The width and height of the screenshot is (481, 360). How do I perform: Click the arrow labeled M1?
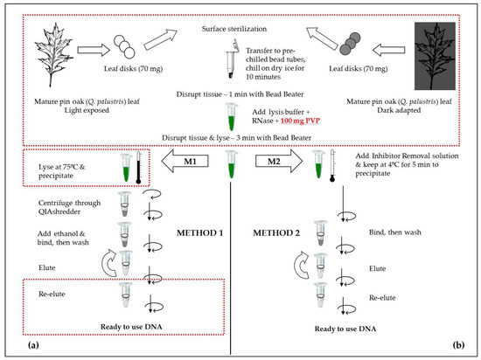(185, 161)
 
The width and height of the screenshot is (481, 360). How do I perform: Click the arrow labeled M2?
(279, 161)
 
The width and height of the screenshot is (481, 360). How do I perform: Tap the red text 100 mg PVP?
(300, 121)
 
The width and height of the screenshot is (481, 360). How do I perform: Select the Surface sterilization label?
(234, 29)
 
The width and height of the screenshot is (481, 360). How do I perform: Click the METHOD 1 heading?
(199, 233)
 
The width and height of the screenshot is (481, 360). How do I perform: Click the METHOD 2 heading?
(276, 233)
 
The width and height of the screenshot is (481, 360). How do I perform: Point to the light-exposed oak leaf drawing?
(53, 54)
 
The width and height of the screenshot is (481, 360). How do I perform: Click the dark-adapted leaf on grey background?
(435, 56)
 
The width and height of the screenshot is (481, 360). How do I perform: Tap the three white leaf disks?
(124, 46)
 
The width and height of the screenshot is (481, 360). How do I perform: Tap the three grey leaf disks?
(350, 44)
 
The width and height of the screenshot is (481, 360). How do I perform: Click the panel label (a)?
(33, 345)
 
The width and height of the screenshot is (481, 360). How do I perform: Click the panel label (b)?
(458, 345)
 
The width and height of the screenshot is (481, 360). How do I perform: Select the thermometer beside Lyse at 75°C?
(138, 167)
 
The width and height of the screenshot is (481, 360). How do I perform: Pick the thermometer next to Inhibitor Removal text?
(332, 166)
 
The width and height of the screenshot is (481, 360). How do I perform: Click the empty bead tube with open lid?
(231, 59)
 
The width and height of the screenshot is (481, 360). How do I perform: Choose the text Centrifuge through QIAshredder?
(69, 207)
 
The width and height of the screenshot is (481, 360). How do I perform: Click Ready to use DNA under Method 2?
(345, 329)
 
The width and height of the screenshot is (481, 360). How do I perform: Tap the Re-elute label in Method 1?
(52, 294)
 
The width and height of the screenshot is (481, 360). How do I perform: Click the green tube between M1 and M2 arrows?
(231, 164)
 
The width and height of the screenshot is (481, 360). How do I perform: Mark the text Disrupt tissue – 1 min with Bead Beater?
(240, 94)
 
